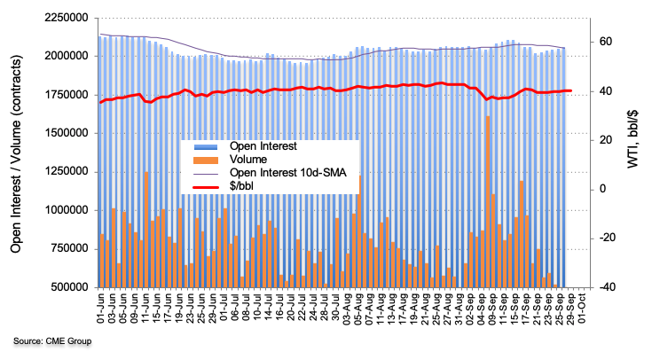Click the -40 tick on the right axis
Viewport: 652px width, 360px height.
tap(602, 287)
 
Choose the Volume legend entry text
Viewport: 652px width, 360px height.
tap(249, 160)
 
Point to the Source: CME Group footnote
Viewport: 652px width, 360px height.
tap(51, 341)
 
